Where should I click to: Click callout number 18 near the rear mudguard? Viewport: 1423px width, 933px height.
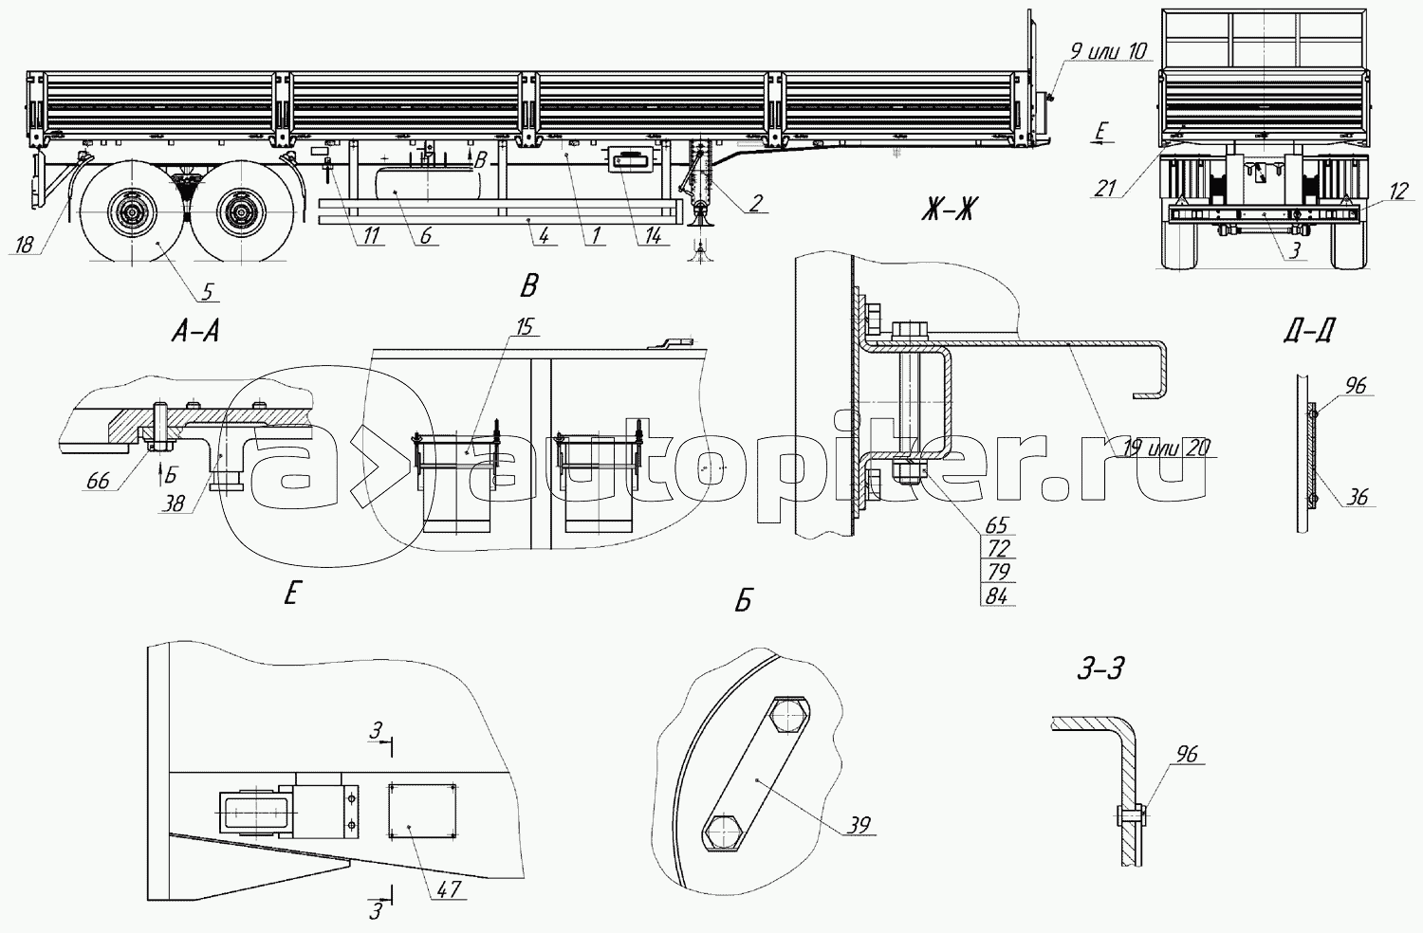(24, 245)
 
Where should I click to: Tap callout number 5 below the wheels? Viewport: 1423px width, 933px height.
(208, 291)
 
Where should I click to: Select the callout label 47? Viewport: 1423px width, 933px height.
(449, 889)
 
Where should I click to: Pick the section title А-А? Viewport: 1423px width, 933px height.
(195, 332)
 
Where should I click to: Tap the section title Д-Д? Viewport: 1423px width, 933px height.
(1310, 330)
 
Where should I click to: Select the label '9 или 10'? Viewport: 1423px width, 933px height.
(1109, 51)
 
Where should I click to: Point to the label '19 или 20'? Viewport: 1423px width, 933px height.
(1166, 448)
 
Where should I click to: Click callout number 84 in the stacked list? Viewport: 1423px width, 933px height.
(997, 595)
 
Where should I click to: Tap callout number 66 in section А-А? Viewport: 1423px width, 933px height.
(99, 481)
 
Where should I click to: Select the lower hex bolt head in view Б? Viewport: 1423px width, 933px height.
(723, 832)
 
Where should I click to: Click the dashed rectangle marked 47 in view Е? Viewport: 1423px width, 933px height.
(422, 811)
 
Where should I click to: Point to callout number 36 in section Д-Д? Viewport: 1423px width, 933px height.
(1358, 497)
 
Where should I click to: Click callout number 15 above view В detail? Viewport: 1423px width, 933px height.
(525, 326)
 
